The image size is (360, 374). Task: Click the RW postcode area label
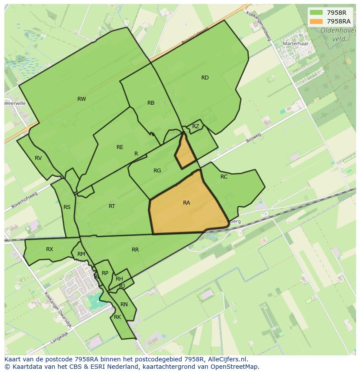click(81, 99)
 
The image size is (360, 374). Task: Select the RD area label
click(205, 78)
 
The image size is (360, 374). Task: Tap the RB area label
click(151, 103)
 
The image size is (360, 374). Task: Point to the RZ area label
click(196, 126)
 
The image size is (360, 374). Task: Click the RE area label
click(120, 147)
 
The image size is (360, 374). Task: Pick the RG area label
click(157, 171)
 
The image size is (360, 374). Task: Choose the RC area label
click(224, 177)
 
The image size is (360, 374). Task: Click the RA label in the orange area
click(187, 203)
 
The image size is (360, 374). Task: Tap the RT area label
click(112, 206)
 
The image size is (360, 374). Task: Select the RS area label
click(67, 207)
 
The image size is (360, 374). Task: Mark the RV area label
click(38, 158)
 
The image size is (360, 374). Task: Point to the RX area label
click(50, 249)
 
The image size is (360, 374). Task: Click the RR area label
click(135, 250)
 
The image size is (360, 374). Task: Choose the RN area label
click(124, 304)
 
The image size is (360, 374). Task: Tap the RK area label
click(117, 317)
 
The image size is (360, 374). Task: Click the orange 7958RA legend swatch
click(316, 21)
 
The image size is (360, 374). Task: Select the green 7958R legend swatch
click(316, 13)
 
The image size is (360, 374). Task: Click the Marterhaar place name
click(296, 44)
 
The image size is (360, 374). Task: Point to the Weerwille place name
click(15, 103)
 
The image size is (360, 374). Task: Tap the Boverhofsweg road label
click(25, 200)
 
